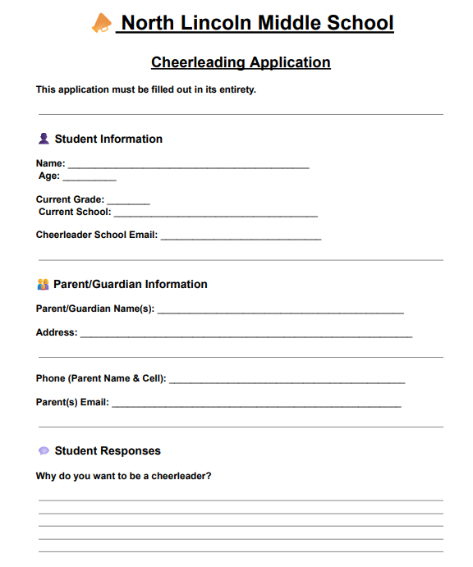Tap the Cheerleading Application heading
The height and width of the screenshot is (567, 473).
click(241, 62)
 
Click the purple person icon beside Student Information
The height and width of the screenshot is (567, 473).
click(44, 139)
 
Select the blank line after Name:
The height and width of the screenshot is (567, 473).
click(188, 165)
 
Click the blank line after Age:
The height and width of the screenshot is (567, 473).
click(90, 177)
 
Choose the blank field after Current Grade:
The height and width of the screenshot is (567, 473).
click(128, 201)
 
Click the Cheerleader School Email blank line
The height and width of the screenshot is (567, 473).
click(241, 237)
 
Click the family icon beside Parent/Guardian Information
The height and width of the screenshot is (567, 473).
click(44, 284)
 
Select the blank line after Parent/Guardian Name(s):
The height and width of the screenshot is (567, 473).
click(280, 311)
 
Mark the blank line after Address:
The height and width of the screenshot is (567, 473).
click(246, 335)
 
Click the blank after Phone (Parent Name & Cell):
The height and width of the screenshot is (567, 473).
click(287, 381)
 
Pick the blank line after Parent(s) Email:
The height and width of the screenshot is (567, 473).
click(256, 405)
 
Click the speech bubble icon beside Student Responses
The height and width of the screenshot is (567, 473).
click(44, 450)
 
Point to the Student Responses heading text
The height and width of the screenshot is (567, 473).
click(108, 450)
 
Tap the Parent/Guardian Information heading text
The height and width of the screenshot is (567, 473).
click(131, 284)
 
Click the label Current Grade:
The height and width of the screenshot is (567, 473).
click(70, 199)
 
